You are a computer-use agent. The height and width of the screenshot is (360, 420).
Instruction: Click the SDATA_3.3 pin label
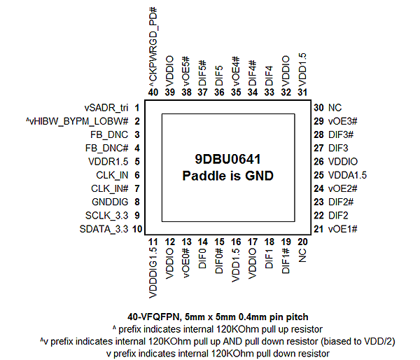[x=104, y=229]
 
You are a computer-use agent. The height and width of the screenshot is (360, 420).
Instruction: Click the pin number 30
[x=318, y=108]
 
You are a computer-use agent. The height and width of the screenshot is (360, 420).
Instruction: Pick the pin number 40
[x=153, y=92]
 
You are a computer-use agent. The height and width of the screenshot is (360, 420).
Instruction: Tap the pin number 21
[x=318, y=229]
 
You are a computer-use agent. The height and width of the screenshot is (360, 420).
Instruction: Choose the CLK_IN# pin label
[x=109, y=188]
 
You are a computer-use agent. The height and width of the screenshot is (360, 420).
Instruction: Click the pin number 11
[x=153, y=242]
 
